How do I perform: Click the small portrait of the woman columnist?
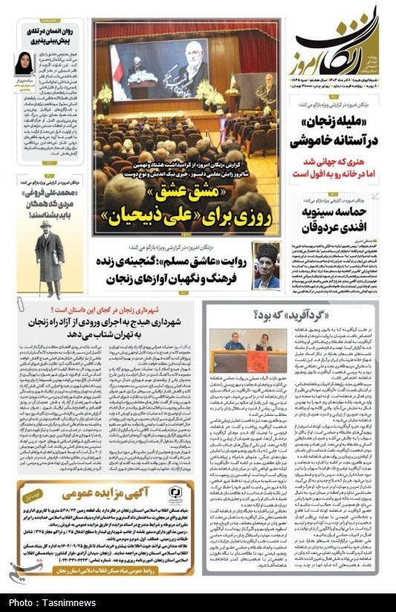tap(25, 63)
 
